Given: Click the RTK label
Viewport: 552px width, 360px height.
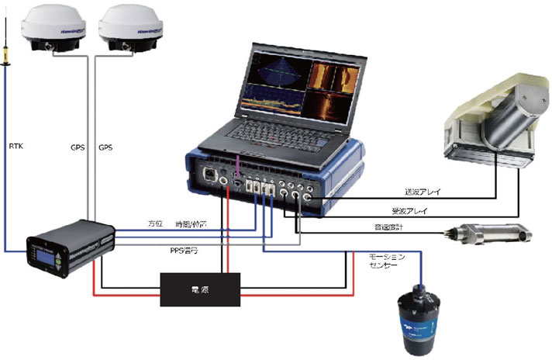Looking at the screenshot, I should click(16, 145).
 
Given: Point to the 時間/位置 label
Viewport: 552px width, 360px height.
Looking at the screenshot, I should click(191, 223).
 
